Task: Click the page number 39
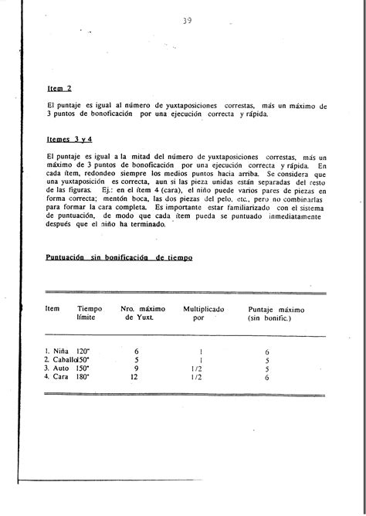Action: click(187, 21)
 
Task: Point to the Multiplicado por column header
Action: click(203, 313)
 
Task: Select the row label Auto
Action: click(58, 368)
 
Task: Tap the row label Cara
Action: click(58, 378)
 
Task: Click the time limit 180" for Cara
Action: click(83, 378)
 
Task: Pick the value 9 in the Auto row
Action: click(137, 368)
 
